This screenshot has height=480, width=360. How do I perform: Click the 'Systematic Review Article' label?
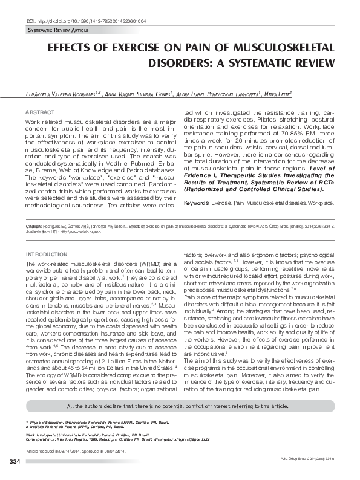tap(58, 30)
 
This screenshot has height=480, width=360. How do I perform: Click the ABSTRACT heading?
tap(40, 112)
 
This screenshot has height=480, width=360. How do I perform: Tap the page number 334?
tap(15, 462)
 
